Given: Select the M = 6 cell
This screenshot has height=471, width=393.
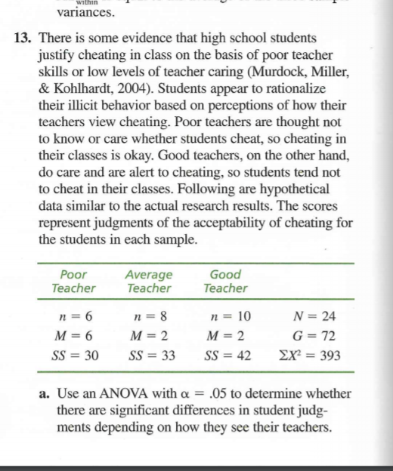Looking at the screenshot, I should pos(74,335).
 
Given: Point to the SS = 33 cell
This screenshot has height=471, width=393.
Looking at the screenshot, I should pos(150,356).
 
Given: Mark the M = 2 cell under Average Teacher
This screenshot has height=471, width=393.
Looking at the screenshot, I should pos(150,335).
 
